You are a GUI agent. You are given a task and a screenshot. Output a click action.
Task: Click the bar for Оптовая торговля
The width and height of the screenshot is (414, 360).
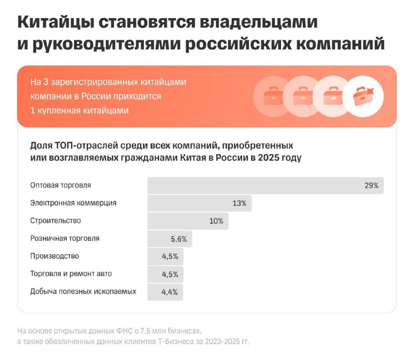[265, 185]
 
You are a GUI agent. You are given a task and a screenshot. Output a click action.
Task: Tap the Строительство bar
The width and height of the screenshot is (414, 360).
[188, 221]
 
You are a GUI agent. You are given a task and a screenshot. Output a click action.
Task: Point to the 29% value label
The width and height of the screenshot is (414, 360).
[371, 185]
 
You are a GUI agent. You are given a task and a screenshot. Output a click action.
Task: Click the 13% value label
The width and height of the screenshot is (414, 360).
[239, 203]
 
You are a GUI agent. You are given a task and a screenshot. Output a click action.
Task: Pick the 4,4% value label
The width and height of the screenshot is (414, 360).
[170, 292]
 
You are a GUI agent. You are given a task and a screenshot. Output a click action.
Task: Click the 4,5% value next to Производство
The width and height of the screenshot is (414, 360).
[170, 257]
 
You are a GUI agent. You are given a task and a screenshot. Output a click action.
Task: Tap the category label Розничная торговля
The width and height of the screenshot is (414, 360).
[65, 238]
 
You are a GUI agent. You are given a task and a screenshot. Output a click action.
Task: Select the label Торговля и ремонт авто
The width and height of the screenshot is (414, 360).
[71, 274]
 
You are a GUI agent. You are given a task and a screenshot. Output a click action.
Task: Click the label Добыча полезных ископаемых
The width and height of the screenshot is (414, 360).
[83, 291]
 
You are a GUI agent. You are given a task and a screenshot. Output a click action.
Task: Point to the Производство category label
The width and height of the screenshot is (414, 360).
[55, 256]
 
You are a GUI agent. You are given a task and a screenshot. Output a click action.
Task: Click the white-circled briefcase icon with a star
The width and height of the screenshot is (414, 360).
[363, 97]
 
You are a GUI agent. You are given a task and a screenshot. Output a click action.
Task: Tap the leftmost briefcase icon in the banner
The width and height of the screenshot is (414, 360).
[272, 97]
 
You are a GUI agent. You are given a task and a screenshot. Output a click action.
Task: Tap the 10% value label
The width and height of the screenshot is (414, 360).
[216, 221]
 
